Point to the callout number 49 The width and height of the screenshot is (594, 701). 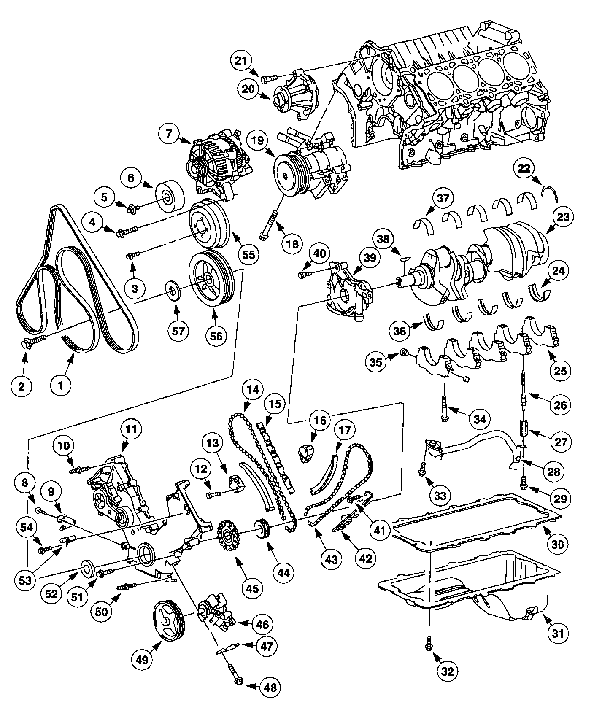pos(143,659)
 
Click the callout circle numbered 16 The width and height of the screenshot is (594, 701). pos(320,421)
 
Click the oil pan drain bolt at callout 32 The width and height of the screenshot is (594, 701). pos(429,641)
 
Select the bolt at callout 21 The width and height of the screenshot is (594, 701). pos(268,77)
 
